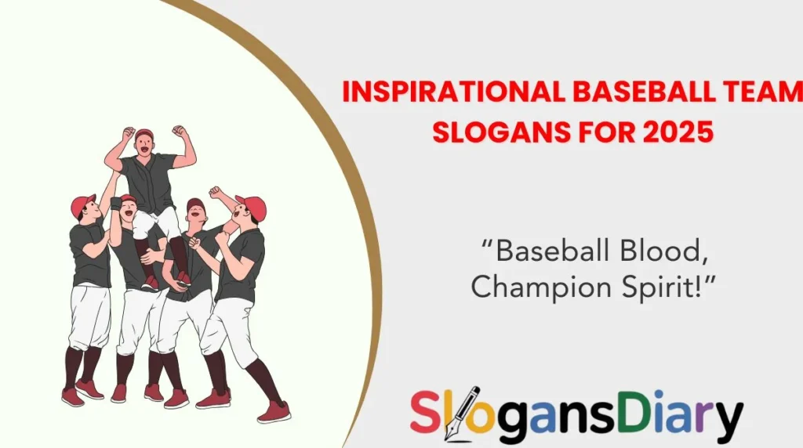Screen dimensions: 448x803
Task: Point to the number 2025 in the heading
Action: tap(678, 131)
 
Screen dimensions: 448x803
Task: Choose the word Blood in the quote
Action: tap(664, 251)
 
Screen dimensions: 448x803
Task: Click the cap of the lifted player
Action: tap(144, 134)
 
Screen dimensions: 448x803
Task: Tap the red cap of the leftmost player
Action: tap(81, 204)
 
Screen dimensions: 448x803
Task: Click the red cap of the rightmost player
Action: tap(253, 206)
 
